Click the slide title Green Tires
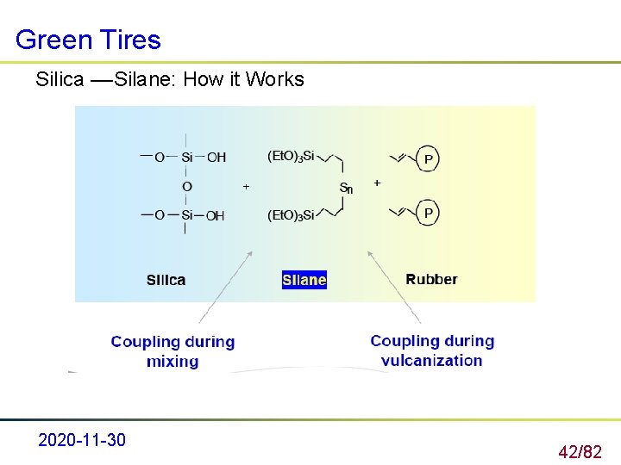coord(88,40)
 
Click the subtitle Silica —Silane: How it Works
coord(170,80)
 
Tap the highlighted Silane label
coord(304,280)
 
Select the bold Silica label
coord(166,280)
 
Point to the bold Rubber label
coord(431,279)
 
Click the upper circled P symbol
coord(429,158)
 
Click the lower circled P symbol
coord(429,212)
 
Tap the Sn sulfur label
coord(346,188)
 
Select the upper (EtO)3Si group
coord(292,156)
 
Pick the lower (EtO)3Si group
coord(292,214)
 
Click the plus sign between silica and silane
coord(246,186)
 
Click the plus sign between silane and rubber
coord(377,183)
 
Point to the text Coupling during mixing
coord(172,351)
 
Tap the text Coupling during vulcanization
coord(432,350)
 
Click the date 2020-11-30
coord(82,441)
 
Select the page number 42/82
coord(580,451)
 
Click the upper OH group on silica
coord(216,157)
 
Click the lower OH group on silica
coord(215,215)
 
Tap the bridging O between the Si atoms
coord(187,186)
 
